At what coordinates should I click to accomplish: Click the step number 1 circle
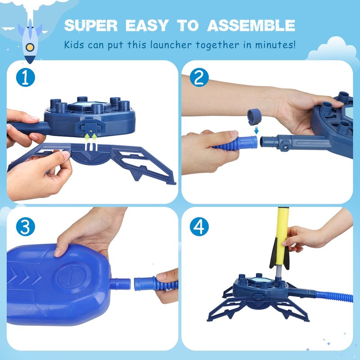coord(26,77)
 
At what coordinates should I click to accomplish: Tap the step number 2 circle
coord(199,77)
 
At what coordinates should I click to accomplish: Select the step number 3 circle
coord(26,227)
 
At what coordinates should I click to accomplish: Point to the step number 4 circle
coord(199,227)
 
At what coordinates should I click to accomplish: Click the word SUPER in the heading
coord(91,25)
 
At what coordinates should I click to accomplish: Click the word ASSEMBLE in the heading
coord(251,25)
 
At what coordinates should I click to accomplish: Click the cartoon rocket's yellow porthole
coord(30,47)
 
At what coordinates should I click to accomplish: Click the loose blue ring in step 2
coord(254,117)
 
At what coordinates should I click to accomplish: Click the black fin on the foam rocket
coord(274,255)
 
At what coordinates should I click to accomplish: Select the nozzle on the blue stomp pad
coord(120,284)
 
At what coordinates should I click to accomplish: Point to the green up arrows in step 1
coord(91,137)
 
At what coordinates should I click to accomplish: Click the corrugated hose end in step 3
coord(156,284)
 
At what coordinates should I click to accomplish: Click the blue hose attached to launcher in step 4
coord(334,297)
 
